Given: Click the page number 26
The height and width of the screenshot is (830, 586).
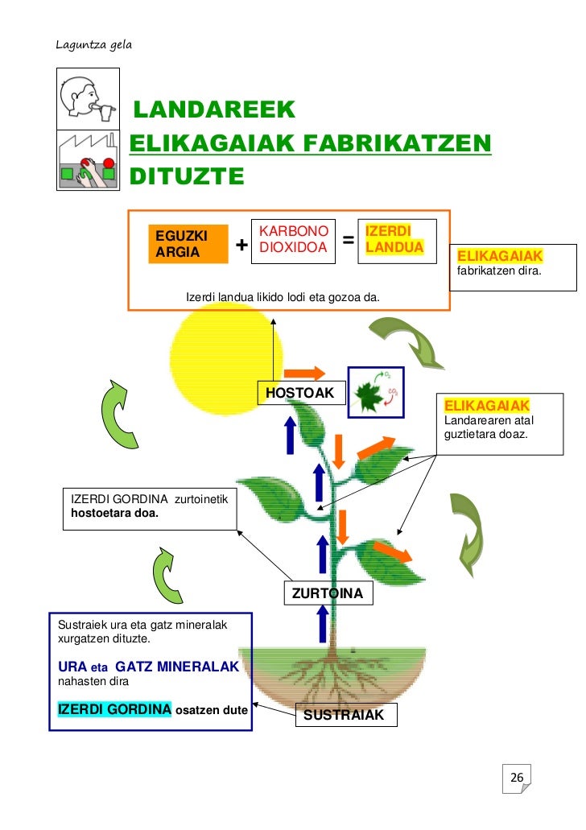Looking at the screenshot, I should point(517,778).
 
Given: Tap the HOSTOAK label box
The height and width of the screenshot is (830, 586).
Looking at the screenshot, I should point(300,394).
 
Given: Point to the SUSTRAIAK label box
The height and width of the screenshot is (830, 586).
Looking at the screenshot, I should point(347,715).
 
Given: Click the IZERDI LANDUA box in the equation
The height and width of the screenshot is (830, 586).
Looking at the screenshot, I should point(394,239).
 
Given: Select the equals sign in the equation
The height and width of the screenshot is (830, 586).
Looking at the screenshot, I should point(349,240).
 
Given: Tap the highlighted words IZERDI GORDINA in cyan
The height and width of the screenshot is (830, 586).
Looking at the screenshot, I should point(113,709).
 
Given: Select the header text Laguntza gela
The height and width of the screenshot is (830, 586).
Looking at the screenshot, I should point(93,43).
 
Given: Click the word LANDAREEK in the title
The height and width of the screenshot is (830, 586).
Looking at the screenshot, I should point(214,110).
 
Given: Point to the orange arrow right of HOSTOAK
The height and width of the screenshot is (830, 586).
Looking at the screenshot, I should point(305,372).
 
